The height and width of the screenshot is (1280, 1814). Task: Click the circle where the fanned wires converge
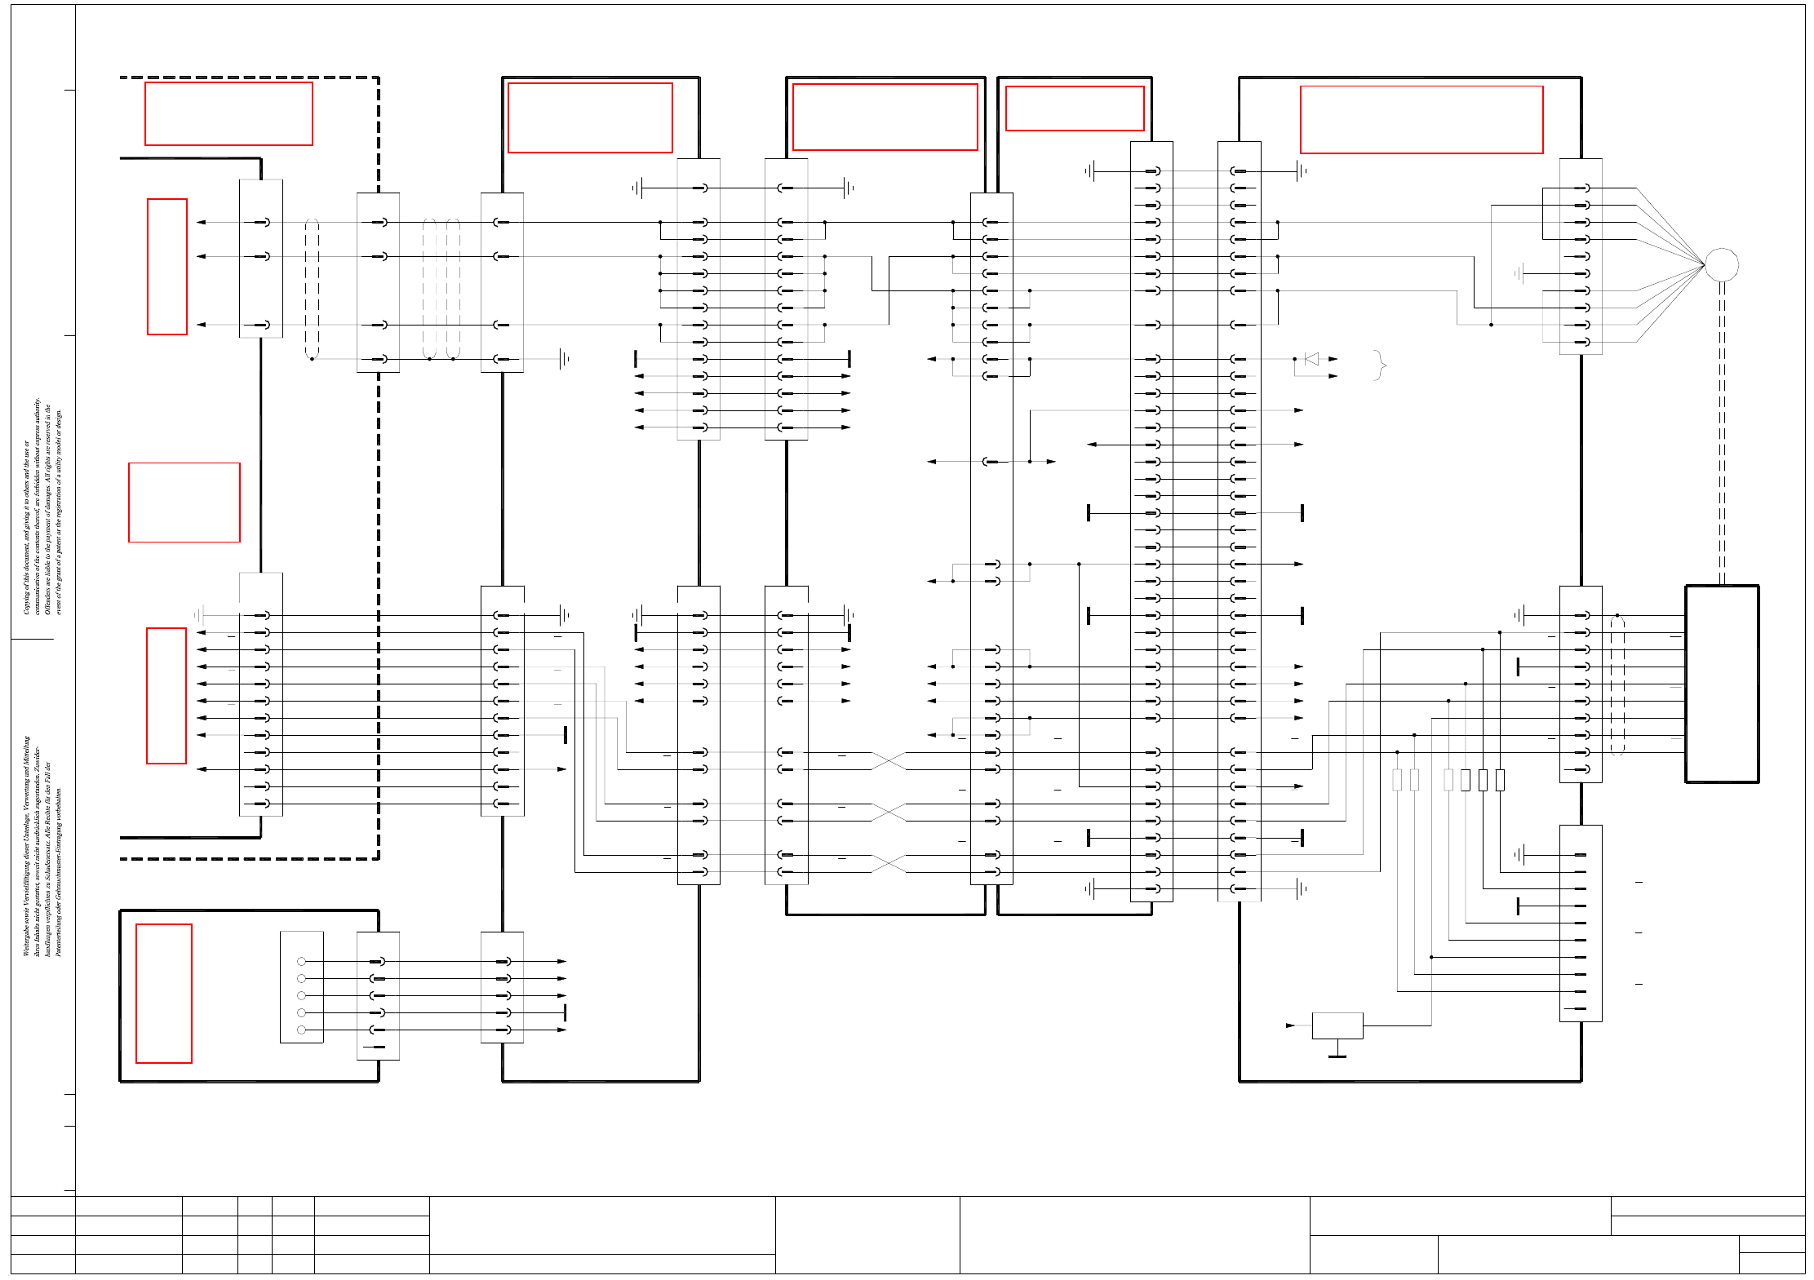[x=1721, y=264]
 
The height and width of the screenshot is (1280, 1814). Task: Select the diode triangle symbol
[x=1311, y=359]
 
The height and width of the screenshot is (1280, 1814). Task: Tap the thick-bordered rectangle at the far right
[x=1722, y=684]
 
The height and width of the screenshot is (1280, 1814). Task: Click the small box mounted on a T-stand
[x=1337, y=1025]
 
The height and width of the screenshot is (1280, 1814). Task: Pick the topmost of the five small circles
[x=301, y=962]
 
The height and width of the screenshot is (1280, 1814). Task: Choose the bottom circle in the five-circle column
[x=301, y=1030]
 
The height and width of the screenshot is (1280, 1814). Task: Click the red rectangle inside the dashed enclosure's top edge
[x=228, y=113]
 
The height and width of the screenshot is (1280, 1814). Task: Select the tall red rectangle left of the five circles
[x=164, y=994]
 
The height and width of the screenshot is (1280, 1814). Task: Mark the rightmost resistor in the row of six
[x=1500, y=780]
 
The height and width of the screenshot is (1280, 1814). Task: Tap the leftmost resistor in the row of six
[x=1397, y=780]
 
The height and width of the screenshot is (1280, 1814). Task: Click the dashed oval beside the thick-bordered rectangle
[x=1617, y=685]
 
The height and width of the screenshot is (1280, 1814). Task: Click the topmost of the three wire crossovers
[x=889, y=761]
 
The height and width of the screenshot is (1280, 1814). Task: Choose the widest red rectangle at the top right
[x=1421, y=120]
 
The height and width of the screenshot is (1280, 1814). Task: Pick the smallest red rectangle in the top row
[x=1075, y=109]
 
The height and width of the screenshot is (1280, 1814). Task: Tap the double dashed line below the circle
[x=1722, y=432]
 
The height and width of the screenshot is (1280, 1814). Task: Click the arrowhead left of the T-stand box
[x=1290, y=1025]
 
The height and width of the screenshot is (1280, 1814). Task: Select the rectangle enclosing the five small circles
[x=302, y=987]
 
